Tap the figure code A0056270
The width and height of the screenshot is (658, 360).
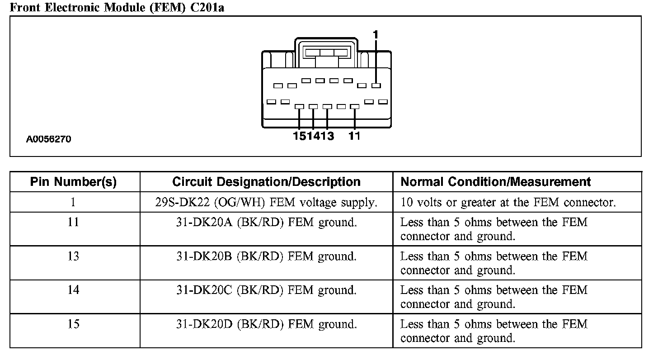click(48, 139)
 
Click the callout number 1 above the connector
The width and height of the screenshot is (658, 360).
click(376, 34)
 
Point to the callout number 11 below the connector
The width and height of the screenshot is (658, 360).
click(354, 136)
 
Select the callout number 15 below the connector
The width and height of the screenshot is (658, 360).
click(300, 136)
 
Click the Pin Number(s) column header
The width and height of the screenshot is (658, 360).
click(73, 182)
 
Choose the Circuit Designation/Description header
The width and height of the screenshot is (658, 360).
click(266, 182)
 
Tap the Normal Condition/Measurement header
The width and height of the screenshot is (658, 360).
click(496, 182)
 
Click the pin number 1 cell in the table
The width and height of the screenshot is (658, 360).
click(73, 202)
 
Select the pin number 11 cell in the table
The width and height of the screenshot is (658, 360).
click(73, 223)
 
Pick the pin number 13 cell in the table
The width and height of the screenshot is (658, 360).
click(73, 256)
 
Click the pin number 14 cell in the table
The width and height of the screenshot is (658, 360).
click(73, 290)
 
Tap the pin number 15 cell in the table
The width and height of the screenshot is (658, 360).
click(73, 324)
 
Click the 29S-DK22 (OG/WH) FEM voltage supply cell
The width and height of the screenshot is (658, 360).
click(266, 203)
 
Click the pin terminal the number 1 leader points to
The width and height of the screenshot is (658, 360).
click(376, 85)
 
